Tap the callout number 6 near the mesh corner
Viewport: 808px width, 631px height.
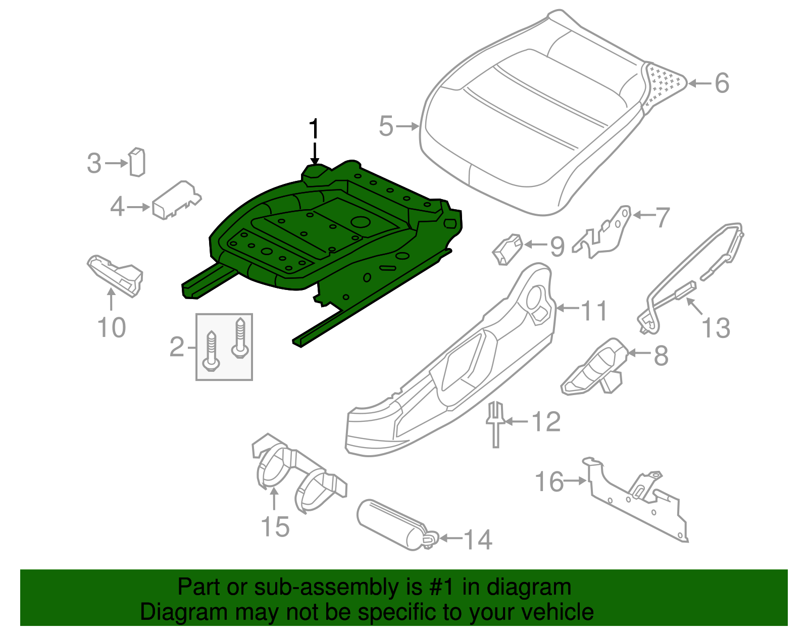(x=722, y=83)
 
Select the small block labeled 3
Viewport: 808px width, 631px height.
(x=137, y=162)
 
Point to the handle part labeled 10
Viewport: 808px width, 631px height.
(x=116, y=275)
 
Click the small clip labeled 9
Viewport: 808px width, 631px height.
(x=507, y=249)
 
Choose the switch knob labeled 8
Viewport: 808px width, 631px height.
(x=593, y=369)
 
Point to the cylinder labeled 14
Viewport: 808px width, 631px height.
(x=389, y=523)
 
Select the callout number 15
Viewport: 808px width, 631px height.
(x=275, y=527)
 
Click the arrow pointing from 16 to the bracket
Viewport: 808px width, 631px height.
(x=575, y=481)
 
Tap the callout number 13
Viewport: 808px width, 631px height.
(x=716, y=328)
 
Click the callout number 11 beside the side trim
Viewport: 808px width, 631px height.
(x=594, y=310)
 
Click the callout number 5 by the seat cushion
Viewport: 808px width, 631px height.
(x=386, y=126)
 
